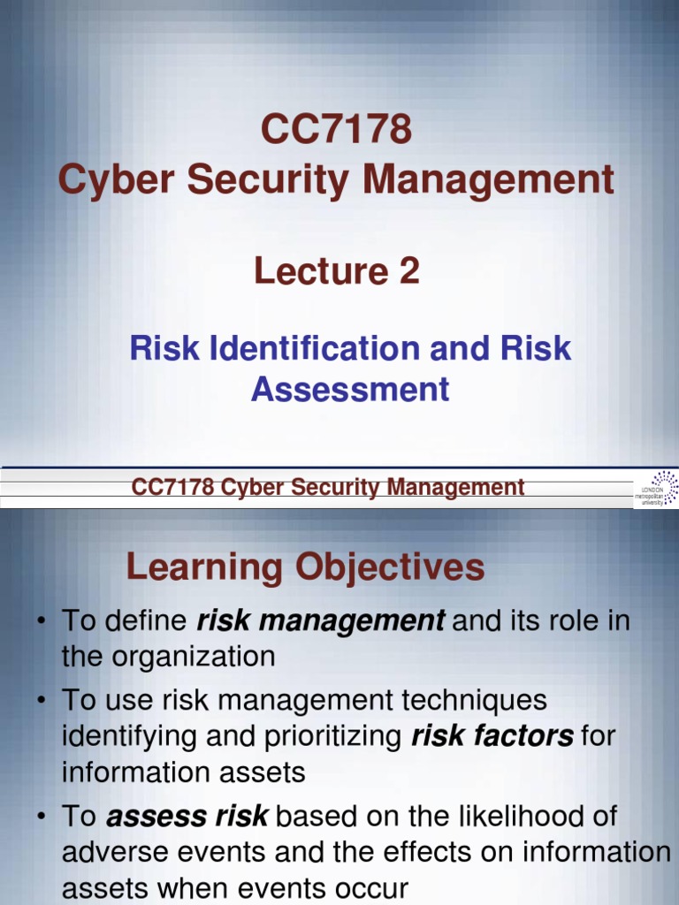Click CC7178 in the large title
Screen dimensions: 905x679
(336, 131)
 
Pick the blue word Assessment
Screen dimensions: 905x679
(350, 389)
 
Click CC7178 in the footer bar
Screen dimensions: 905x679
(169, 487)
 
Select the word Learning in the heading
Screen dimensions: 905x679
(203, 567)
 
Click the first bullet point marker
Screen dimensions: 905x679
(42, 622)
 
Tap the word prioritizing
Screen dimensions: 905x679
(333, 736)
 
